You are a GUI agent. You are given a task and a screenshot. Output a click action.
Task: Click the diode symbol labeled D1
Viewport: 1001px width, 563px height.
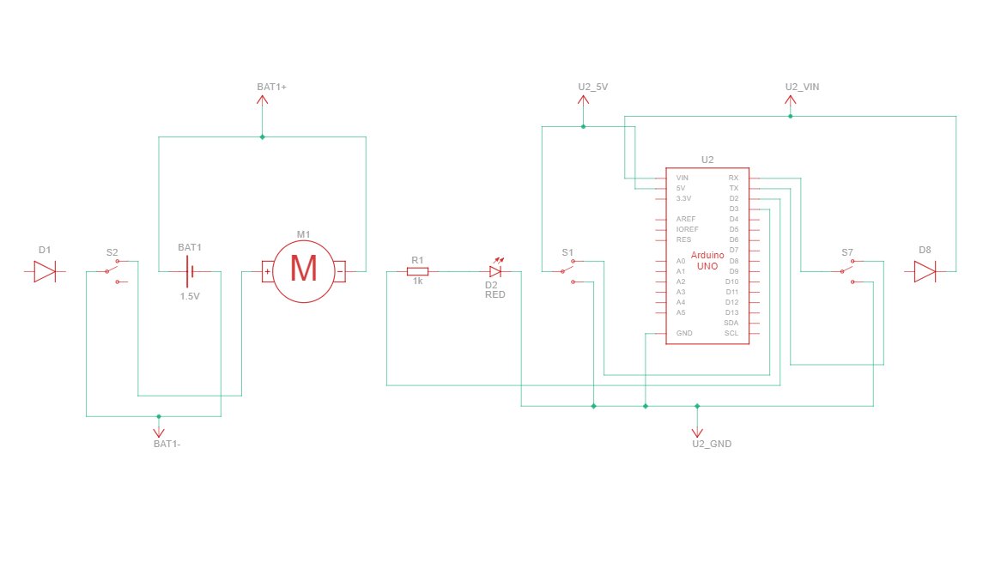pyautogui.click(x=45, y=272)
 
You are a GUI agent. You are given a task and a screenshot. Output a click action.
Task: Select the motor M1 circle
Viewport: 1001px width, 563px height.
pyautogui.click(x=303, y=271)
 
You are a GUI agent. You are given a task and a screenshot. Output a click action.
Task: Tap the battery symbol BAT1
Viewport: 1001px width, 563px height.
pyautogui.click(x=190, y=272)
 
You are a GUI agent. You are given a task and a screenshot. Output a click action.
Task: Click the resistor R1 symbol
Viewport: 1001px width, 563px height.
pyautogui.click(x=417, y=272)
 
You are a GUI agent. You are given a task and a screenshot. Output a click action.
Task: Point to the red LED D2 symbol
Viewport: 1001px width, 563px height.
pyautogui.click(x=494, y=271)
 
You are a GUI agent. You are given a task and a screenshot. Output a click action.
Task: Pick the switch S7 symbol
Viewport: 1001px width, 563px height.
pyautogui.click(x=847, y=271)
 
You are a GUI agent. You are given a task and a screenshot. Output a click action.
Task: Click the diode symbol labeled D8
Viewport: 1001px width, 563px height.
pyautogui.click(x=924, y=272)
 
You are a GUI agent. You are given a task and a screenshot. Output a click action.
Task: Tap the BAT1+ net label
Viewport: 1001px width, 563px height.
pyautogui.click(x=271, y=88)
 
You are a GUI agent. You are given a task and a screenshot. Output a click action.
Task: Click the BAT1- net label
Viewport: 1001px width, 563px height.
pyautogui.click(x=166, y=444)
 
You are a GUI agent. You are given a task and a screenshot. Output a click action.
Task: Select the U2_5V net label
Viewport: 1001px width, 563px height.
pyautogui.click(x=593, y=88)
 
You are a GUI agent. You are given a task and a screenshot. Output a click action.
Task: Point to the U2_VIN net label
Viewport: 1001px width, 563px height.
pyautogui.click(x=802, y=88)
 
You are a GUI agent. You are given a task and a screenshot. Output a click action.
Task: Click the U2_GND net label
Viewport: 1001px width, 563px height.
pyautogui.click(x=712, y=444)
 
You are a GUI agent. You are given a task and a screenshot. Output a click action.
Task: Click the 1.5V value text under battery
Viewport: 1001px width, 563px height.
pyautogui.click(x=190, y=296)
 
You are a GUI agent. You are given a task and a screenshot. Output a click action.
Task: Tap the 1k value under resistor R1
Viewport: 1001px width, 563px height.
pyautogui.click(x=417, y=281)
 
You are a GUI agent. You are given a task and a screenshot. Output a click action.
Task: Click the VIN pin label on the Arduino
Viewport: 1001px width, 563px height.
pyautogui.click(x=682, y=178)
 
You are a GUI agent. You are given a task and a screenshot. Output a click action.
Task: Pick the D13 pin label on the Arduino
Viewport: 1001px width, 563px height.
pyautogui.click(x=731, y=312)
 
